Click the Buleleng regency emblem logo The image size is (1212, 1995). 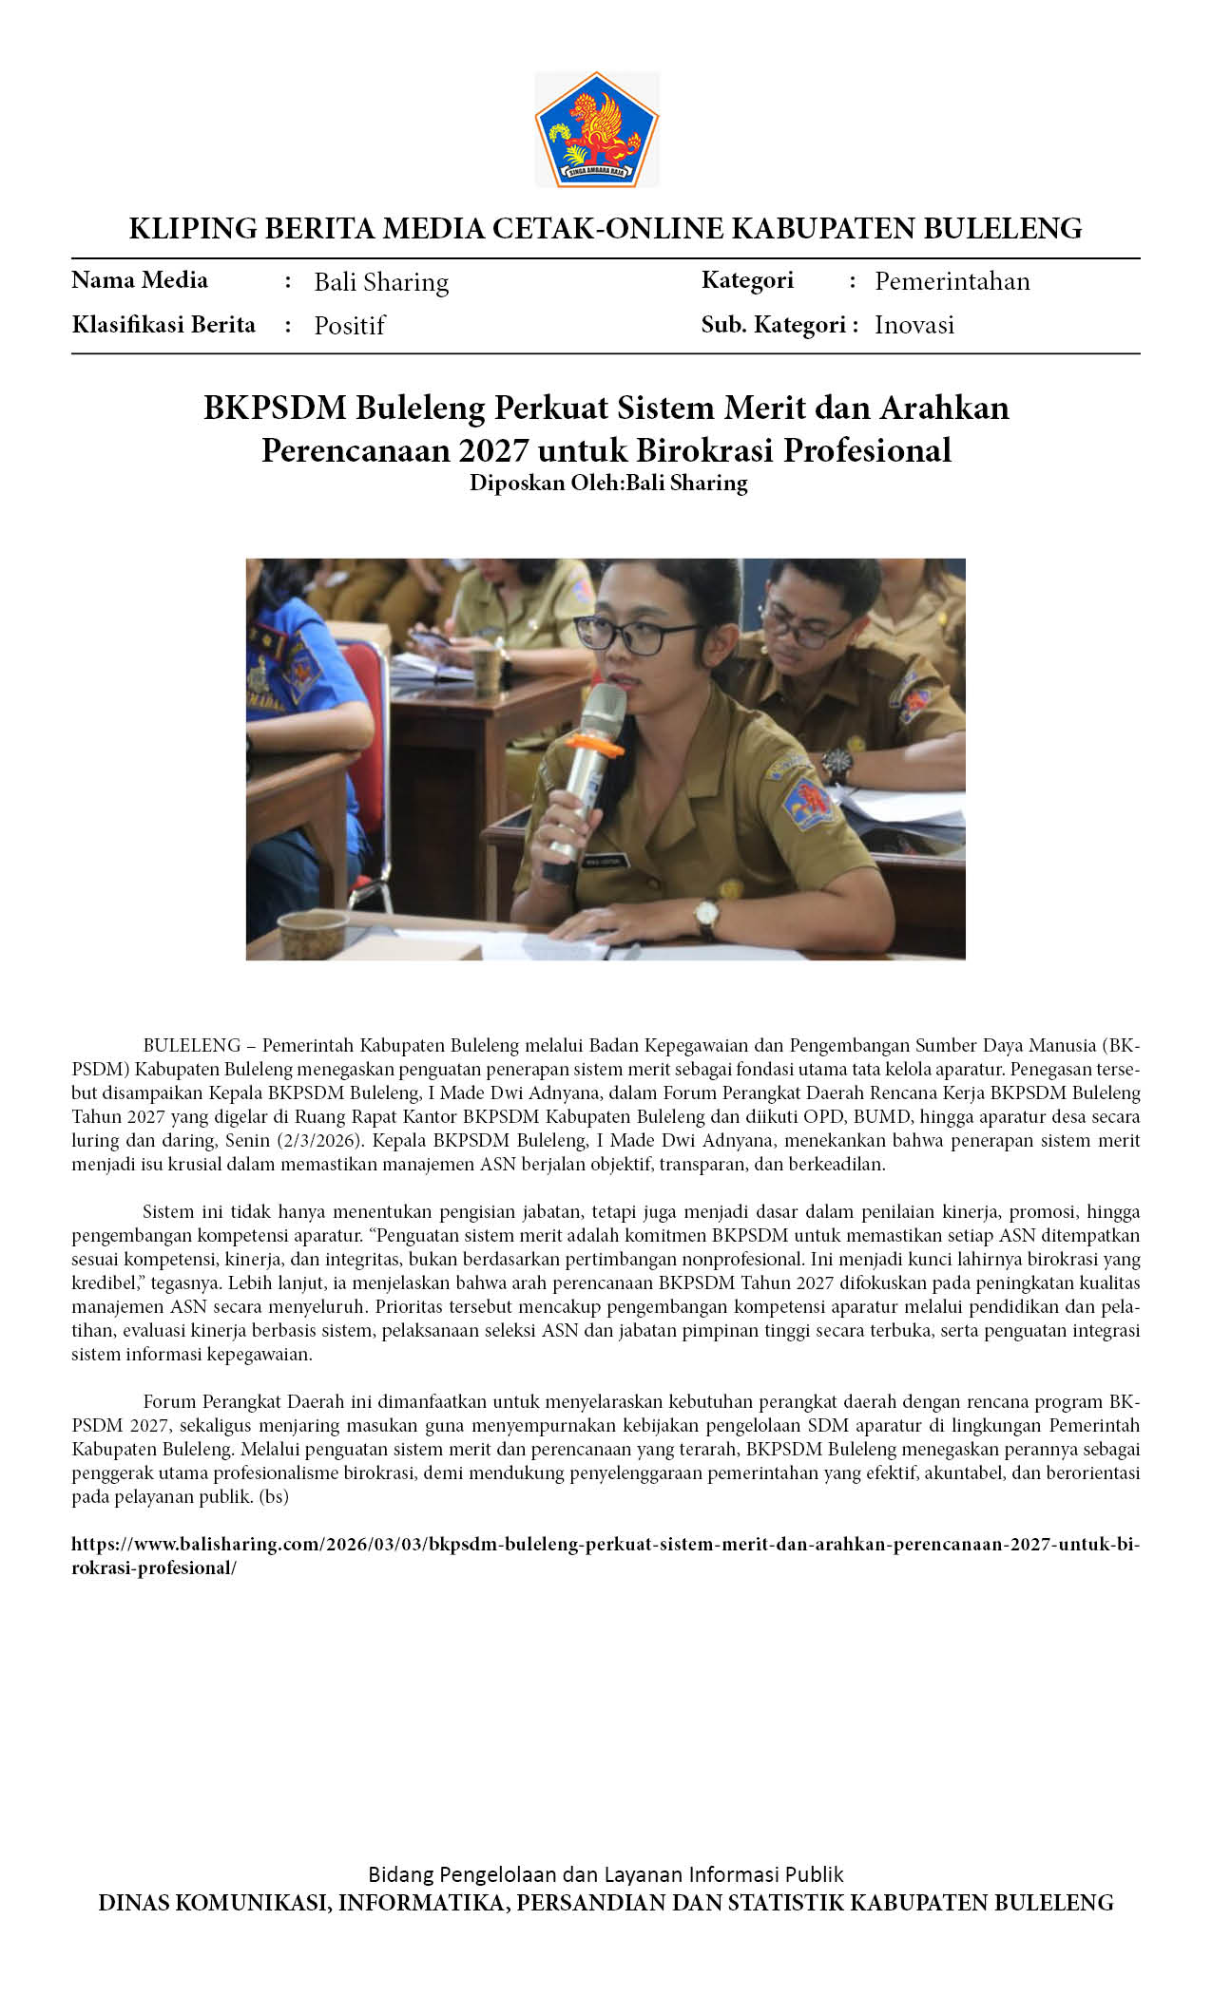tap(597, 129)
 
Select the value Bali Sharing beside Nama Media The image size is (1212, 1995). tap(381, 282)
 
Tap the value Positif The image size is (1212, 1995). tap(349, 326)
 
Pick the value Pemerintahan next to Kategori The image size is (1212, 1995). tap(952, 281)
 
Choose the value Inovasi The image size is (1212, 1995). tap(914, 325)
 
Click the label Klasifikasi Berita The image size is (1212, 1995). tap(164, 325)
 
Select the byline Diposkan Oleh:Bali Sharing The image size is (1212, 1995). tap(608, 483)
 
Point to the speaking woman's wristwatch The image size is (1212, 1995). tap(705, 916)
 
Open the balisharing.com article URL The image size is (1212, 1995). tap(605, 1545)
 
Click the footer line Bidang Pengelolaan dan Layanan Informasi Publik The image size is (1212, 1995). tap(606, 1874)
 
